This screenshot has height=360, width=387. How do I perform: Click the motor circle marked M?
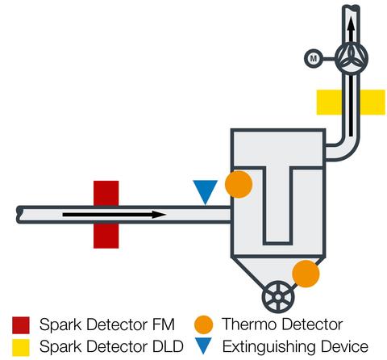313,58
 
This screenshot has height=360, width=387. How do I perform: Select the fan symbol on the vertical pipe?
352,58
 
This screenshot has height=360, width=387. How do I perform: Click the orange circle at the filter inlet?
239,184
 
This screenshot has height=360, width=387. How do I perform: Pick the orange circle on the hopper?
306,274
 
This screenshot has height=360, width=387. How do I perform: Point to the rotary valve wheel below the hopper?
278,297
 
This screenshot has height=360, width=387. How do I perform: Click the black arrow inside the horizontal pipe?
114,215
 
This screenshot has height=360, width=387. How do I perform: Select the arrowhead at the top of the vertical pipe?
351,26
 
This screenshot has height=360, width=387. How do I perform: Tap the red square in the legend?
21,325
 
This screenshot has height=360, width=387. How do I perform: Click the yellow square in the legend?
21,347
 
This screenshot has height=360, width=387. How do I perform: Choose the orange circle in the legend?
204,324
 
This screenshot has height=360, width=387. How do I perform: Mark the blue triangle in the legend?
204,346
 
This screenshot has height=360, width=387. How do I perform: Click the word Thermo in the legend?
249,324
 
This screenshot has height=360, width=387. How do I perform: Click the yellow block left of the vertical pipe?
329,103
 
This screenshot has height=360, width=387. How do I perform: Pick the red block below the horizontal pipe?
106,236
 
